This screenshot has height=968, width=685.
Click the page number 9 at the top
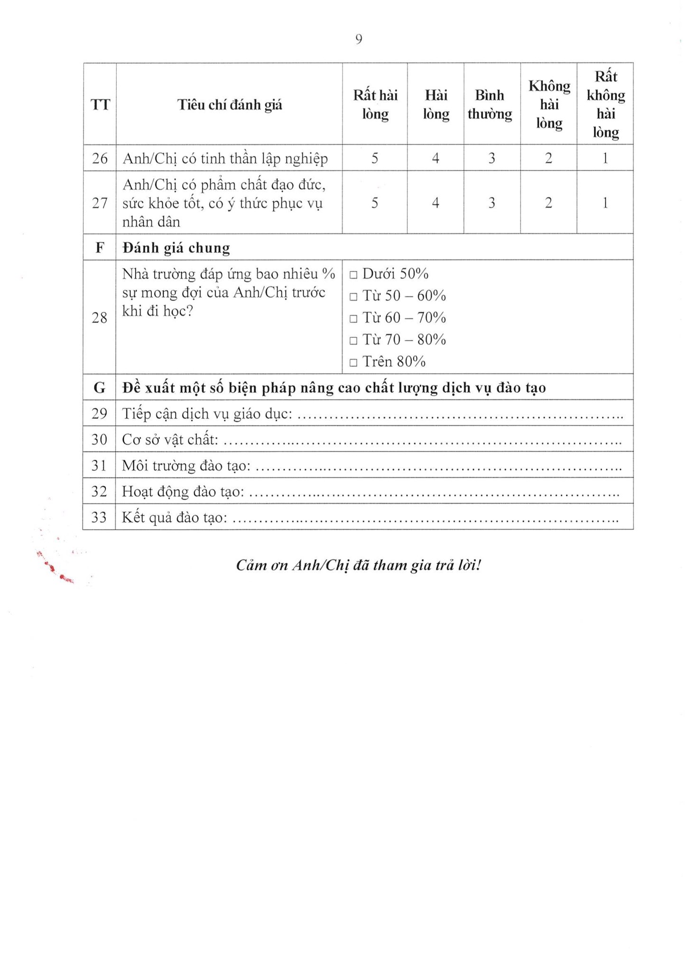[359, 39]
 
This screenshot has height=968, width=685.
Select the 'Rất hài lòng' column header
[375, 104]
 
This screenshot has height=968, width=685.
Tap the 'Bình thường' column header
[490, 104]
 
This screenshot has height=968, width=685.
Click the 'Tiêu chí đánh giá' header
[230, 105]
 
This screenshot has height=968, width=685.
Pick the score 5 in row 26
[375, 158]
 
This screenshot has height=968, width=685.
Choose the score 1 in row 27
[605, 203]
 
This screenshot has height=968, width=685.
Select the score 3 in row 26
[492, 158]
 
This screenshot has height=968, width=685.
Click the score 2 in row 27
[548, 203]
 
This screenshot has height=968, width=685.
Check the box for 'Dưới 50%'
[353, 275]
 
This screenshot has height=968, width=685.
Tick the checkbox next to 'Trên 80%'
[353, 363]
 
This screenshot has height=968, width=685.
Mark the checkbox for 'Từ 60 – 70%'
[353, 319]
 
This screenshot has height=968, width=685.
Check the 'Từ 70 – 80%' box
[353, 341]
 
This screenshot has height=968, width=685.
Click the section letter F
[100, 248]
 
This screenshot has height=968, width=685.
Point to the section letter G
[99, 388]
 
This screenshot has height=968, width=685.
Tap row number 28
[99, 317]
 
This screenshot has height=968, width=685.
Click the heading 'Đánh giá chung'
[176, 248]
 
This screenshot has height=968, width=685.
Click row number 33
[99, 517]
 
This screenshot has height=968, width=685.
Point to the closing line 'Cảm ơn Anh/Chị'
[359, 565]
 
